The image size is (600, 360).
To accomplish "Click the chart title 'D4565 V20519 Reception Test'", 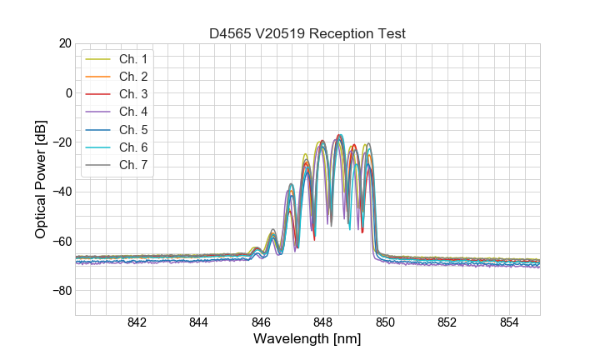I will [307, 33].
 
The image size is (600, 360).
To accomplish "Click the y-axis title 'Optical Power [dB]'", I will [41, 179].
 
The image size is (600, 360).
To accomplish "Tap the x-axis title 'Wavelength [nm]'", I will [307, 340].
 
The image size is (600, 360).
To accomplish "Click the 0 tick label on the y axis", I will [68, 92].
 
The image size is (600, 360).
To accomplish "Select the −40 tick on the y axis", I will [61, 192].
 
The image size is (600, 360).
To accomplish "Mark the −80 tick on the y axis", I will [61, 291].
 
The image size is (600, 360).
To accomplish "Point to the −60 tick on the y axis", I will [61, 242].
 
